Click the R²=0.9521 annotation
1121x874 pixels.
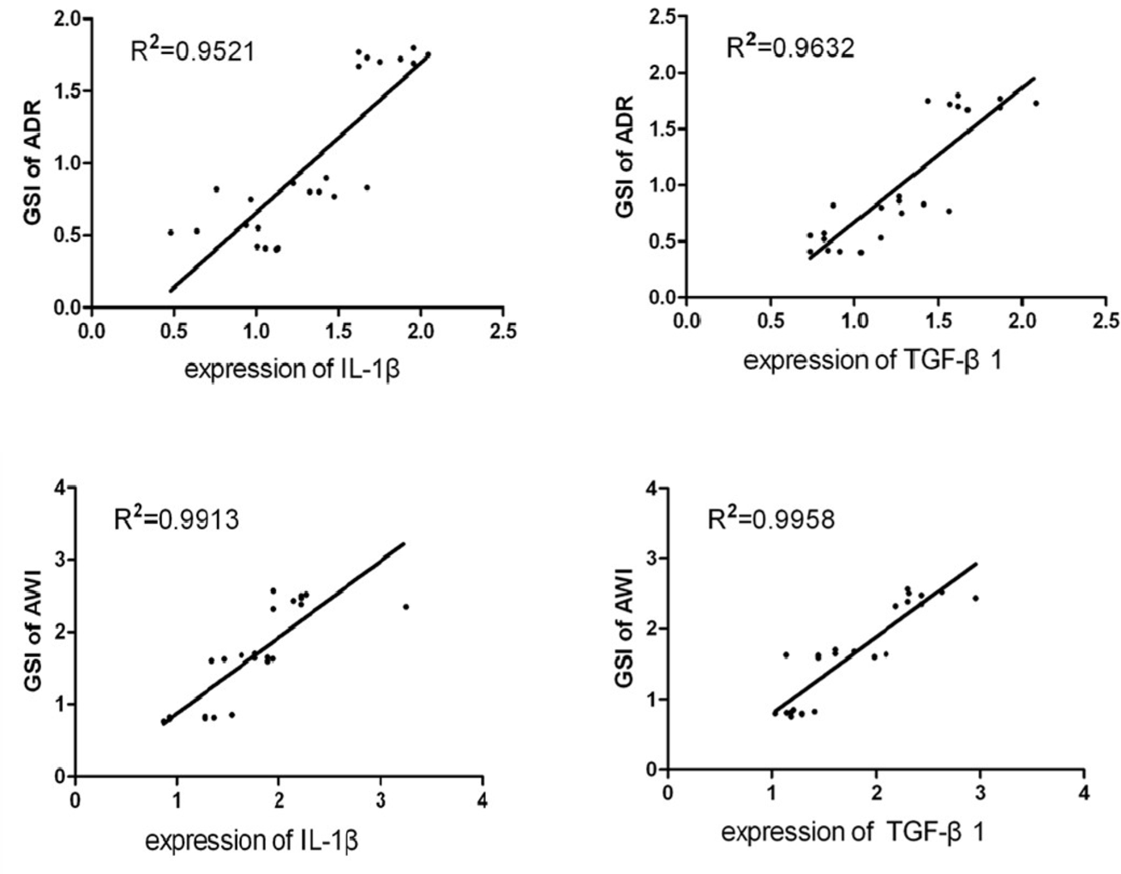click(x=191, y=51)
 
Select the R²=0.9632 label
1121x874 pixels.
click(x=789, y=47)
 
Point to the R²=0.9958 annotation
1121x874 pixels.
click(x=770, y=519)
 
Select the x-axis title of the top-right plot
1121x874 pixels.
click(x=872, y=360)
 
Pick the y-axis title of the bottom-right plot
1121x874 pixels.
click(x=626, y=627)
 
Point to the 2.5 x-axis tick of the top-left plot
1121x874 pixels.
click(x=503, y=332)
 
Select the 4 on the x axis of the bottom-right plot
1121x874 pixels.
click(x=1083, y=792)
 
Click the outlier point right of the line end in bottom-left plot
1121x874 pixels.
click(x=405, y=606)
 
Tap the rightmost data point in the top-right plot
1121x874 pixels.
click(x=1035, y=103)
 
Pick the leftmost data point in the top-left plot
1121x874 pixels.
click(x=171, y=232)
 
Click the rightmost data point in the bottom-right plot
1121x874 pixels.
click(x=975, y=598)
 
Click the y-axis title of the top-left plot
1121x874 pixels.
click(x=32, y=163)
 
